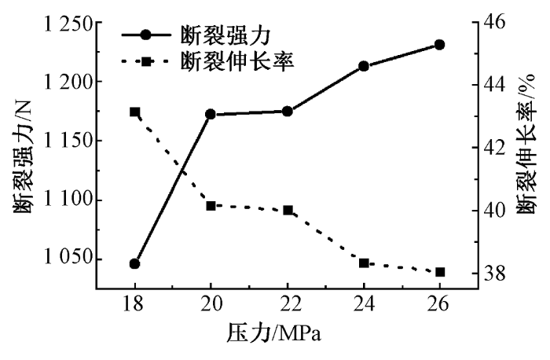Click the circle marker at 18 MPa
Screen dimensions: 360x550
[x=134, y=263]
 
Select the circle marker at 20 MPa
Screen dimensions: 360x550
[x=211, y=115]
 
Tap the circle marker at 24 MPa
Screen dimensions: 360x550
[x=364, y=66]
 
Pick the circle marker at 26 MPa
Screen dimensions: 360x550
[x=440, y=45]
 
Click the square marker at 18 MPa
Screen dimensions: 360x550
[x=134, y=112]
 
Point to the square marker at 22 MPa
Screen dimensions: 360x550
[x=288, y=210]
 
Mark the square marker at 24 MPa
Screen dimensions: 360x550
[x=364, y=263]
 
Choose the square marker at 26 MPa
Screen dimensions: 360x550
[x=440, y=272]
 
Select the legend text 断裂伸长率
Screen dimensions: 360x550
[x=237, y=60]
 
